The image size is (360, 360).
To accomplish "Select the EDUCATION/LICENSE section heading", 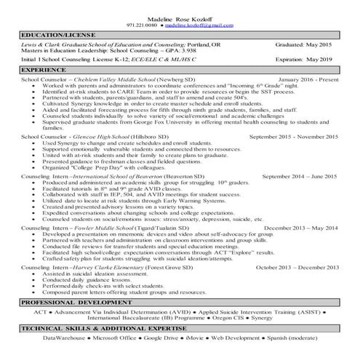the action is (52, 34).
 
